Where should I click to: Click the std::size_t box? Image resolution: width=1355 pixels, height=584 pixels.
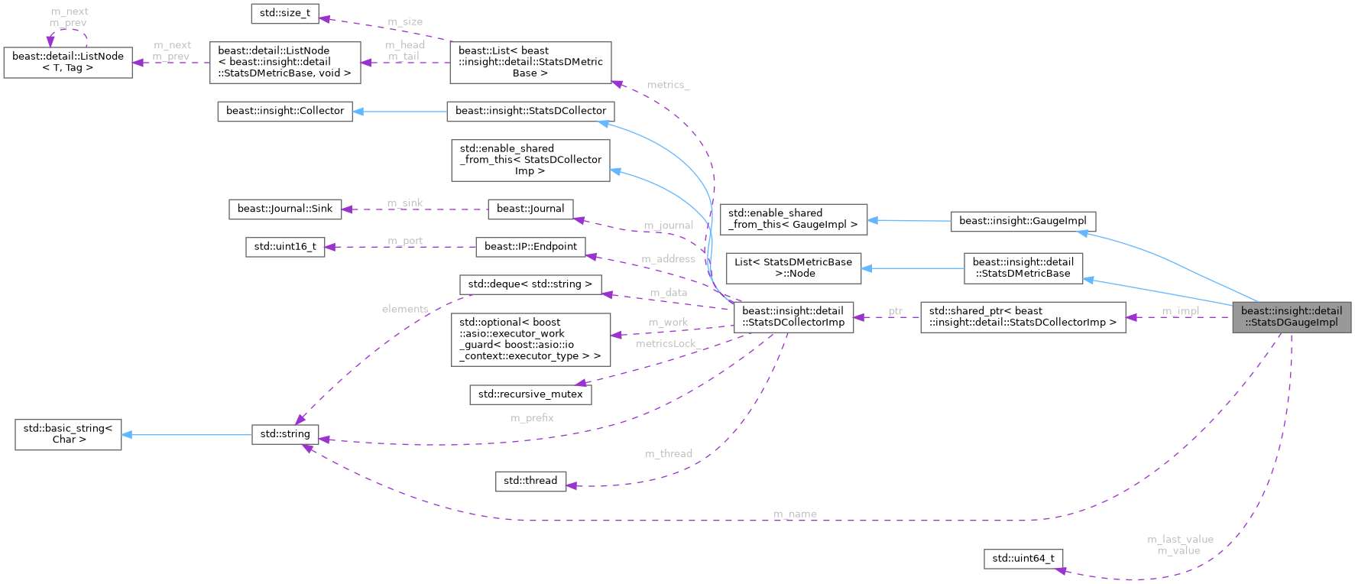[285, 14]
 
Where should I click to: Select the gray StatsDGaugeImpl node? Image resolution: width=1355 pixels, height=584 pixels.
[1291, 316]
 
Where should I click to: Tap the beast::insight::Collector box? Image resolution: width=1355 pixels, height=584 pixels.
[285, 111]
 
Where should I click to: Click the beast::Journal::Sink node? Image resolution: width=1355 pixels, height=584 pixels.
[285, 209]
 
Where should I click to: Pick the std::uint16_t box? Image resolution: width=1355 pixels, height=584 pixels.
[285, 247]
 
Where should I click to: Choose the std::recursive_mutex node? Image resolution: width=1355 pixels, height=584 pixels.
[530, 394]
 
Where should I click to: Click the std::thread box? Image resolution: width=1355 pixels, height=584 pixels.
[530, 481]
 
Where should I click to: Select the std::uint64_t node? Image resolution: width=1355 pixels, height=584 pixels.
[1023, 559]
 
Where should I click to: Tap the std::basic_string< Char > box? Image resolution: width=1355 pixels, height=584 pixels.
[68, 434]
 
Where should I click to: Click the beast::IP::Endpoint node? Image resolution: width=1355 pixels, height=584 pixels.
[530, 247]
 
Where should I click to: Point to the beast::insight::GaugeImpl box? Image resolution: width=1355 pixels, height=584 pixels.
[1023, 221]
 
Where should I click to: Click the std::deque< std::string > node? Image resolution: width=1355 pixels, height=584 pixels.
[530, 284]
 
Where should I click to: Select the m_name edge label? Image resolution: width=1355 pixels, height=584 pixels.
[795, 514]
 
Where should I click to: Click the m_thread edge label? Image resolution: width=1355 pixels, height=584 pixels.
[669, 454]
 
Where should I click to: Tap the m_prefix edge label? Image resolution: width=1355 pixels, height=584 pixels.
[532, 418]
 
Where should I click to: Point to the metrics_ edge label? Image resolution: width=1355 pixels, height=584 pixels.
[667, 85]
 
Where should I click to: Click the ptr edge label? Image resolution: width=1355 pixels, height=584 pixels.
[896, 311]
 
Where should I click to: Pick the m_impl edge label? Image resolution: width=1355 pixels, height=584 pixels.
[1180, 311]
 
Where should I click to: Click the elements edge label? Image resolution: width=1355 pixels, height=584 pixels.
[405, 309]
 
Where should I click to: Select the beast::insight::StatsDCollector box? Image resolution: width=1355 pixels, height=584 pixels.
[530, 111]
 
